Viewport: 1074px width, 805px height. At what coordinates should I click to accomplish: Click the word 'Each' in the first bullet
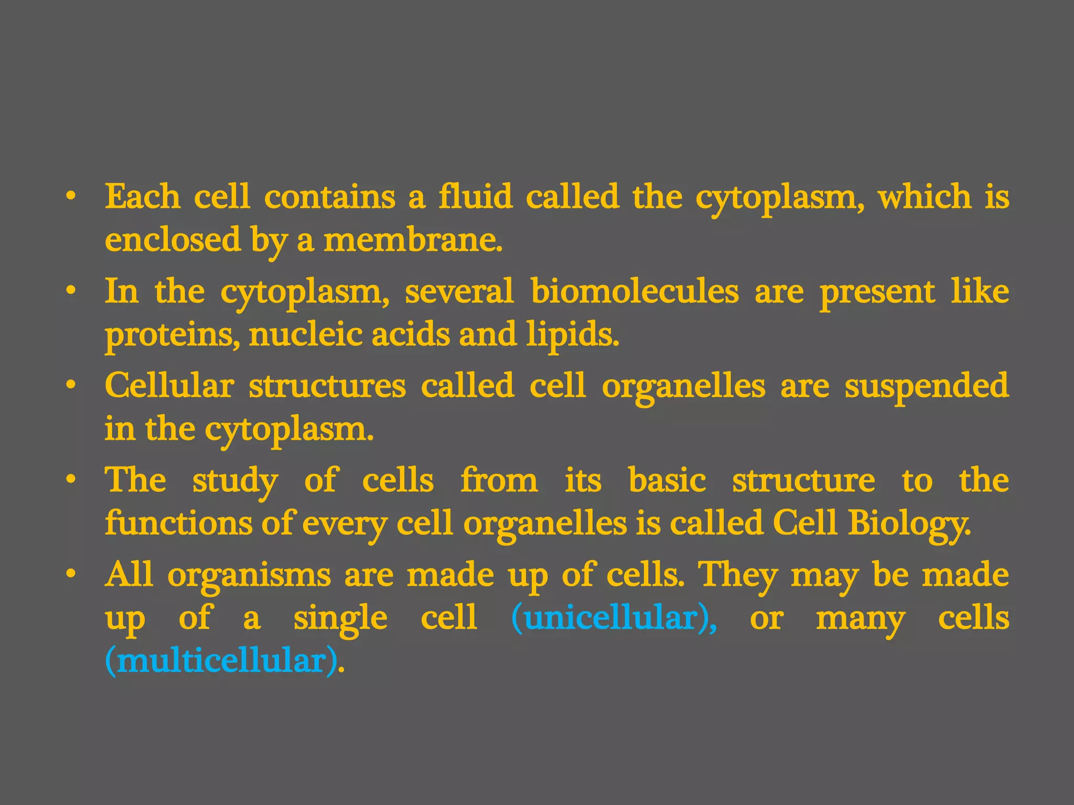tap(142, 197)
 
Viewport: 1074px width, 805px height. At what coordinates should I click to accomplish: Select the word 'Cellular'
tap(169, 386)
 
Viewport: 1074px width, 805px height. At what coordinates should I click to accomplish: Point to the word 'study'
tap(235, 481)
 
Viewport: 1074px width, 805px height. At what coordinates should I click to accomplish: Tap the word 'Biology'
tap(909, 524)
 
